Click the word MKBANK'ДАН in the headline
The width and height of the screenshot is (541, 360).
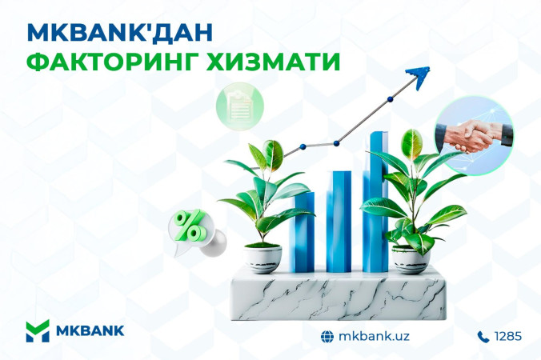119,33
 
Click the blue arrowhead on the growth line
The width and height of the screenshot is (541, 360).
419,77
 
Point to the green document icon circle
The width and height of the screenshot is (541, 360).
240,106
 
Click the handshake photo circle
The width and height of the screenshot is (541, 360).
474,135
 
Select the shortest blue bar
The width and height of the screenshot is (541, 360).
303,232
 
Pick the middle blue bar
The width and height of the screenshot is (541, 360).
339,222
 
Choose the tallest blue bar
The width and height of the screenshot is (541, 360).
375,202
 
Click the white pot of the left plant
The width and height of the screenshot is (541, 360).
262,259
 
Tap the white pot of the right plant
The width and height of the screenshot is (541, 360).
411,260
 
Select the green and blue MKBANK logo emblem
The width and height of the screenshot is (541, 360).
38,330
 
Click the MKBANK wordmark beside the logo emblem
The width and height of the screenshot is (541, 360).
90,330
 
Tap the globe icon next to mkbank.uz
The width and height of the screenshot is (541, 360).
327,336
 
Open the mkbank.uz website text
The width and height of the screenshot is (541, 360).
374,336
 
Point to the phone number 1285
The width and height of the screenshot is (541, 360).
508,336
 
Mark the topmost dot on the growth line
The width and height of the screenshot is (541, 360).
391,99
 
